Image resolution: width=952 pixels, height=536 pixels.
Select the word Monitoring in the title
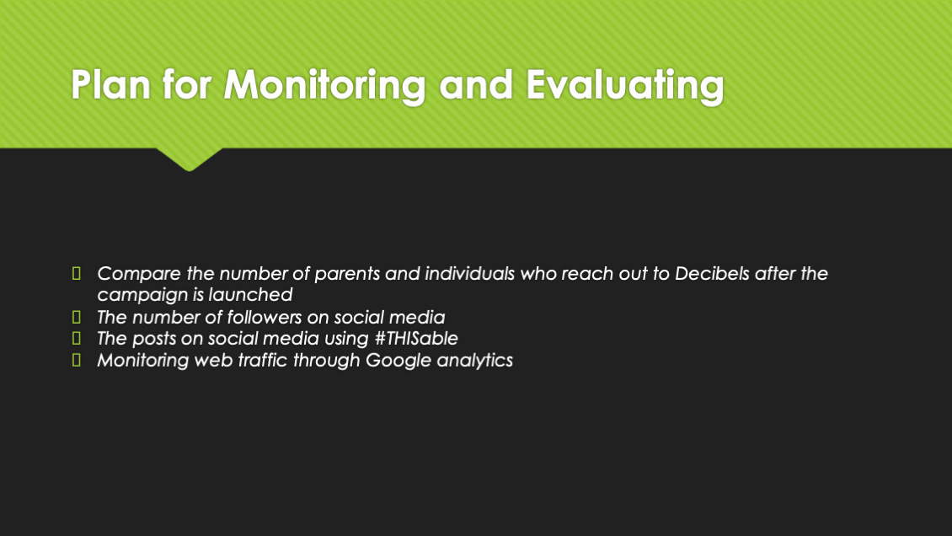tap(325, 86)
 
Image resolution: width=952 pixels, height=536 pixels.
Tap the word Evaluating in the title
tap(625, 86)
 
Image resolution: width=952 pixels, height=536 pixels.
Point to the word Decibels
tap(712, 273)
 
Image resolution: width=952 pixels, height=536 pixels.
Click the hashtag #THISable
tap(416, 338)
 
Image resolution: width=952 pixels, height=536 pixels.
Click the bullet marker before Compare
tap(77, 273)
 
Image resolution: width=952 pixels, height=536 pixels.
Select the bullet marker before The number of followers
tap(77, 317)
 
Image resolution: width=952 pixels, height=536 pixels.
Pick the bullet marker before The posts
tap(77, 337)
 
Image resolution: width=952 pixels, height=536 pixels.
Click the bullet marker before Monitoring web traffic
tap(77, 359)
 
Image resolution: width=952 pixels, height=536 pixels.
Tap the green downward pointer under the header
tap(190, 159)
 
